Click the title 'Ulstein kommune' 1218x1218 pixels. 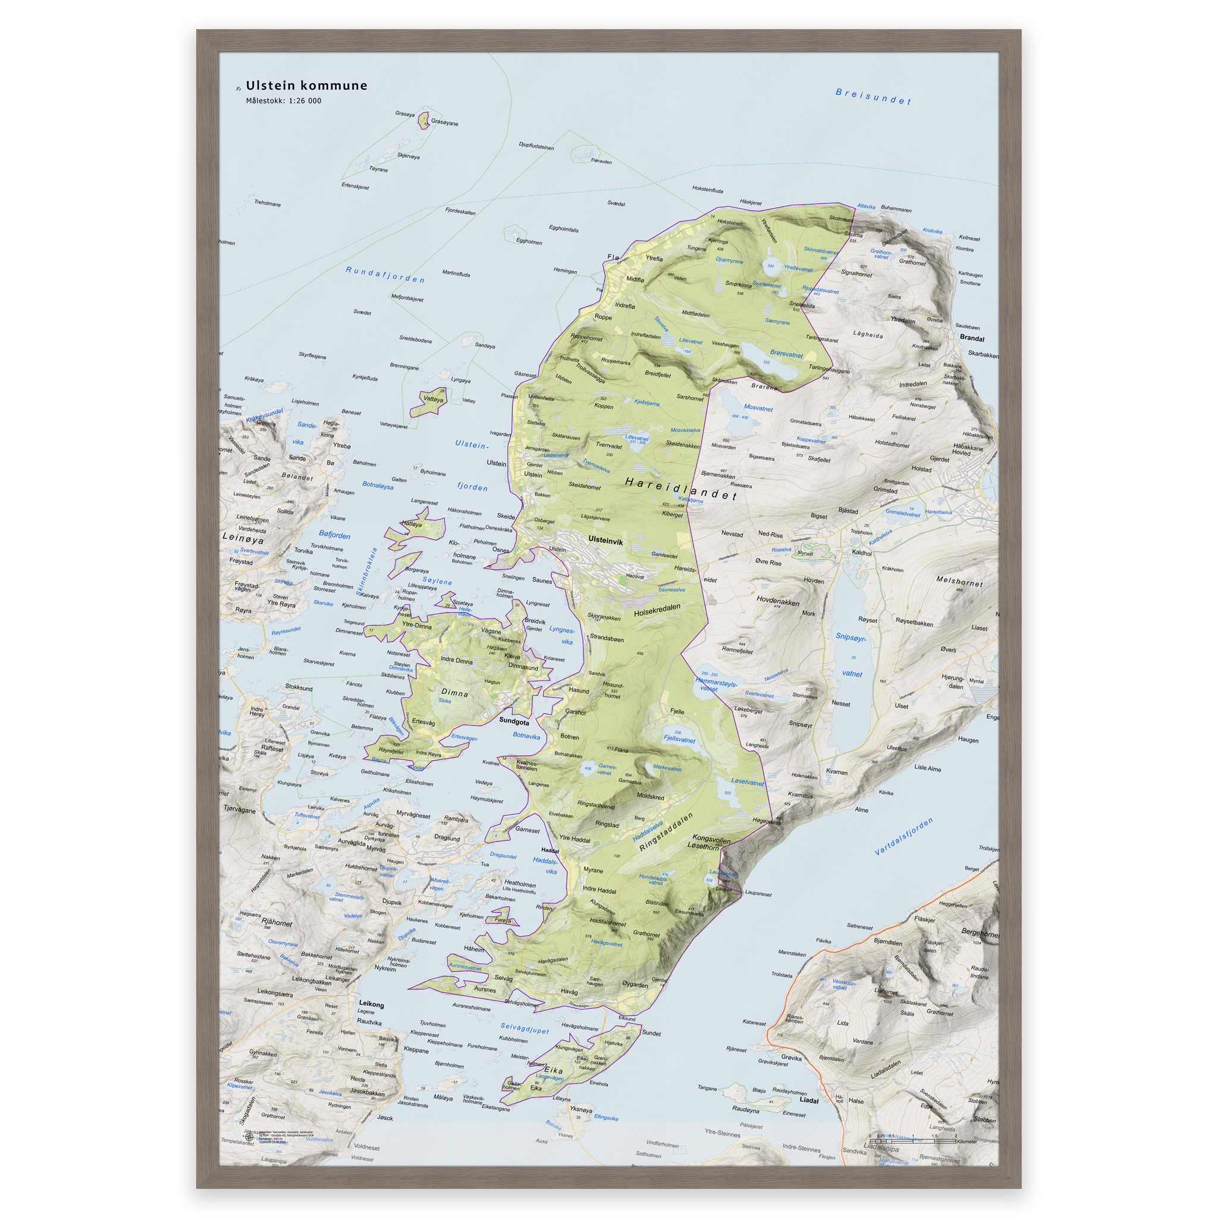coord(306,86)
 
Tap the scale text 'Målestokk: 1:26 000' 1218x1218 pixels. coord(284,101)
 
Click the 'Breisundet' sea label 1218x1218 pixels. coord(873,96)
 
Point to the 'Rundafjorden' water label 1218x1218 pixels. coord(385,275)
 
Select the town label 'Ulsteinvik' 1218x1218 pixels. coord(605,541)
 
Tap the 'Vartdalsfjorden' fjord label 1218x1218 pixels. coord(903,837)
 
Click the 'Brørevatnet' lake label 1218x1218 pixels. coord(786,354)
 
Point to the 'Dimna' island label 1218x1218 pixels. coord(454,693)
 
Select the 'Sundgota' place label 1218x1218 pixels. coord(514,721)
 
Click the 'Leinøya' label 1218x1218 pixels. coord(243,539)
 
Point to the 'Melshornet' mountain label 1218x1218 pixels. coord(959,581)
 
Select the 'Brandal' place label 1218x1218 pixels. coord(972,338)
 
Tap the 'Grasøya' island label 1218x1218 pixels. coord(405,114)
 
